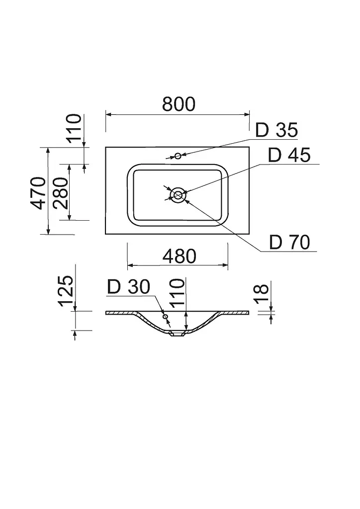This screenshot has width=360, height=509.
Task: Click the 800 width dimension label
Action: [x=179, y=104]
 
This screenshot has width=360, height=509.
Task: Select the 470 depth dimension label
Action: [x=38, y=193]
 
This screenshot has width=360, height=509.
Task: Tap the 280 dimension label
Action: [x=61, y=193]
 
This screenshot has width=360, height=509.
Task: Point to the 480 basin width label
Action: [x=179, y=256]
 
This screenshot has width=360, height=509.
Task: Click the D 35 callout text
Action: [x=276, y=130]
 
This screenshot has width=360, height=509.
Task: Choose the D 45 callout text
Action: [x=289, y=155]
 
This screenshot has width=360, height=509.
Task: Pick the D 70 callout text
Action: [x=289, y=242]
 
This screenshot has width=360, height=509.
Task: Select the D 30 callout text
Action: [x=129, y=287]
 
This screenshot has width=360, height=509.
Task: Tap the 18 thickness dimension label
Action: [x=262, y=294]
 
